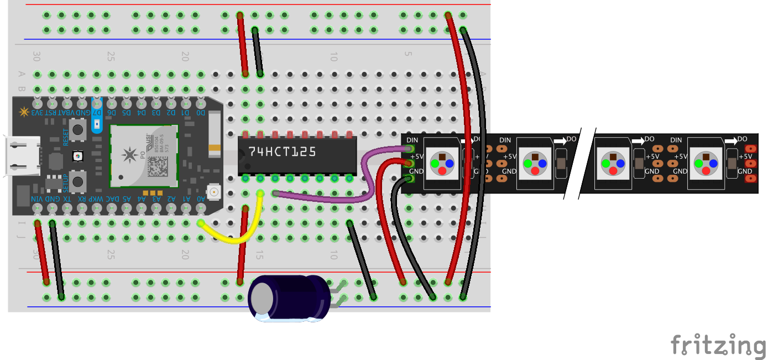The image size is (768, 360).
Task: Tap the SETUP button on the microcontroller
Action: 79,181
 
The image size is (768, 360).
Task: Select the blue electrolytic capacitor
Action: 288,298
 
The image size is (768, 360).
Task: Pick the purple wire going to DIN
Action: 332,198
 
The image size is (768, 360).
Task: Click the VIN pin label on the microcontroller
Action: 37,199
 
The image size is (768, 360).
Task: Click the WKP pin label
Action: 97,199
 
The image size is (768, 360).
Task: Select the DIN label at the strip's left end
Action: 412,140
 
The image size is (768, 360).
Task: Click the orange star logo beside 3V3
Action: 24,112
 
